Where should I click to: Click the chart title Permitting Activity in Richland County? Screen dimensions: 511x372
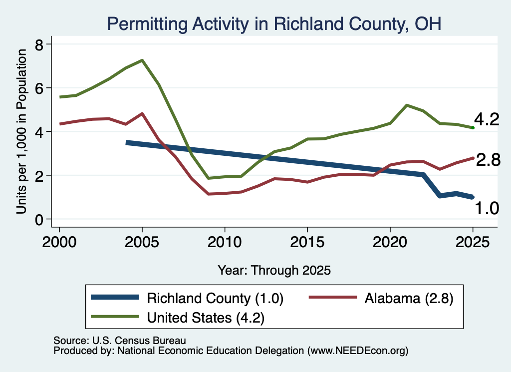274,24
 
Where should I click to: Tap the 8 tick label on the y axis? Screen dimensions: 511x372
39,44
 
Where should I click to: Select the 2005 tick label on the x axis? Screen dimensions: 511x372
142,242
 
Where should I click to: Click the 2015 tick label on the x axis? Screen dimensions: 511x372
307,242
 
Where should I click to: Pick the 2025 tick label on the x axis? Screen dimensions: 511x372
473,242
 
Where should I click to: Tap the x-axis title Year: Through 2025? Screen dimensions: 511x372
274,270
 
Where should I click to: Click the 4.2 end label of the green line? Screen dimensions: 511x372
487,119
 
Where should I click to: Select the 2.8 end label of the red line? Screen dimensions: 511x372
488,160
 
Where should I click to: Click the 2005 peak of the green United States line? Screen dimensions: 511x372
142,60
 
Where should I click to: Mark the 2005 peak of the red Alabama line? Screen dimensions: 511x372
142,113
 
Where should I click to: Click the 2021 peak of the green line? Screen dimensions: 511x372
406,105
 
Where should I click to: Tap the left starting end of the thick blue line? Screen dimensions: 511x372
127,143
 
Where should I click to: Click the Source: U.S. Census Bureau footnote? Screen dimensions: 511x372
120,341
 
